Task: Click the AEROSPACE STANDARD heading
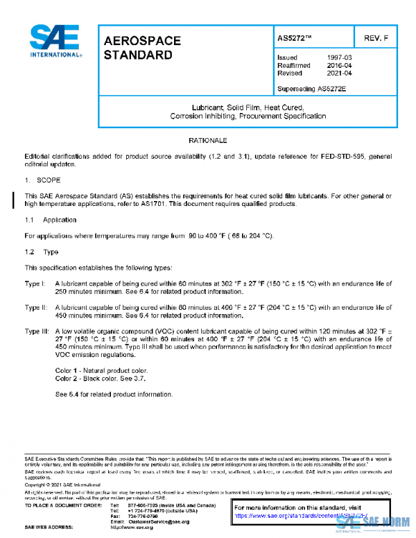pos(141,47)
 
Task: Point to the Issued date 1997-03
pos(342,58)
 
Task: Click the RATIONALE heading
pos(208,141)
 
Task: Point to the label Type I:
pos(35,284)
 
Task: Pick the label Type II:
pos(36,307)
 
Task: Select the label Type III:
pos(37,331)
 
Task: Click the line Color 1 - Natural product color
pos(101,371)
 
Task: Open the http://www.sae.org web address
pos(135,528)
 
